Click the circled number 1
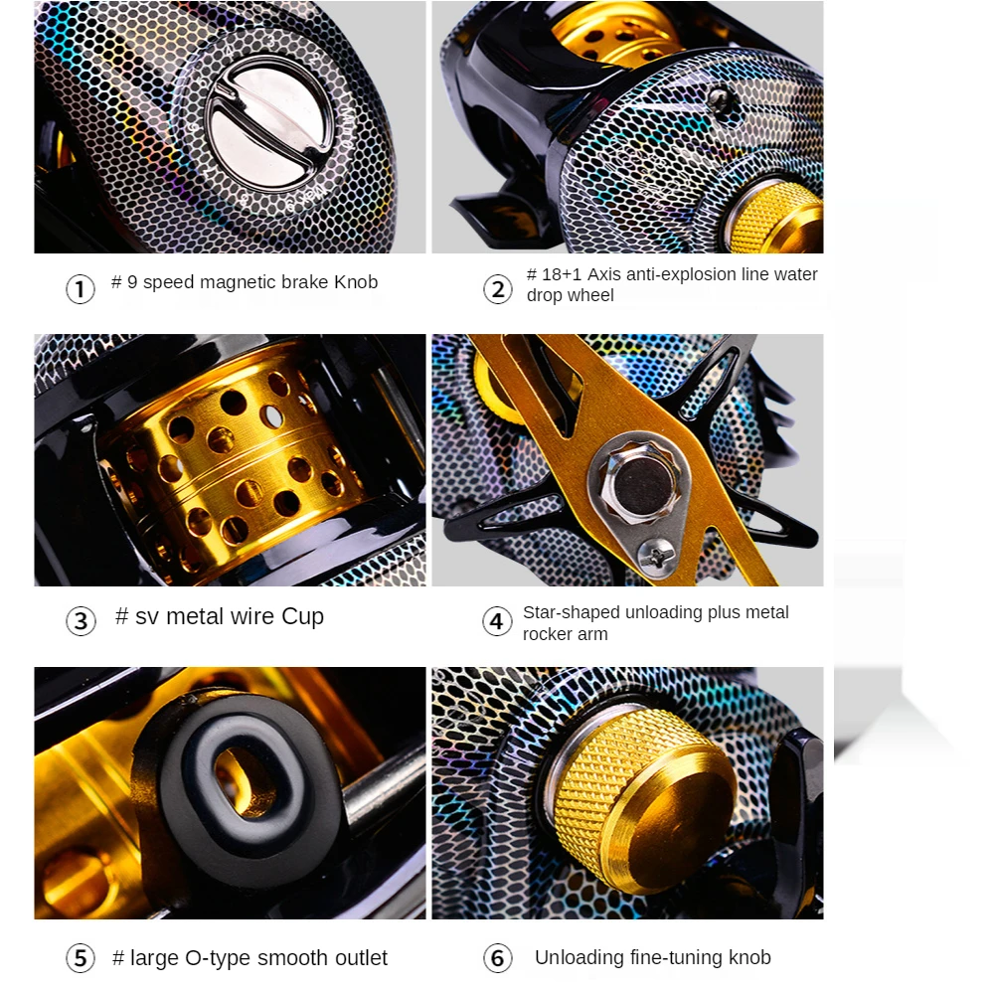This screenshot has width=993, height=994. [80, 289]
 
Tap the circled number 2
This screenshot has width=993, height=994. [498, 289]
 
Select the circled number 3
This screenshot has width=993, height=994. [81, 621]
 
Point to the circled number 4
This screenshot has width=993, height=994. [497, 621]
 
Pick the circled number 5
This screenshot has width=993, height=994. [81, 958]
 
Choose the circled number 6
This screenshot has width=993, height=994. [498, 958]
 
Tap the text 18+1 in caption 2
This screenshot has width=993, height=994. [562, 274]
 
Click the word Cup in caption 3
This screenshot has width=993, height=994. [302, 617]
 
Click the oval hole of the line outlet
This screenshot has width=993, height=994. [244, 780]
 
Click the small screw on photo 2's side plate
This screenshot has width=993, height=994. [719, 98]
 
